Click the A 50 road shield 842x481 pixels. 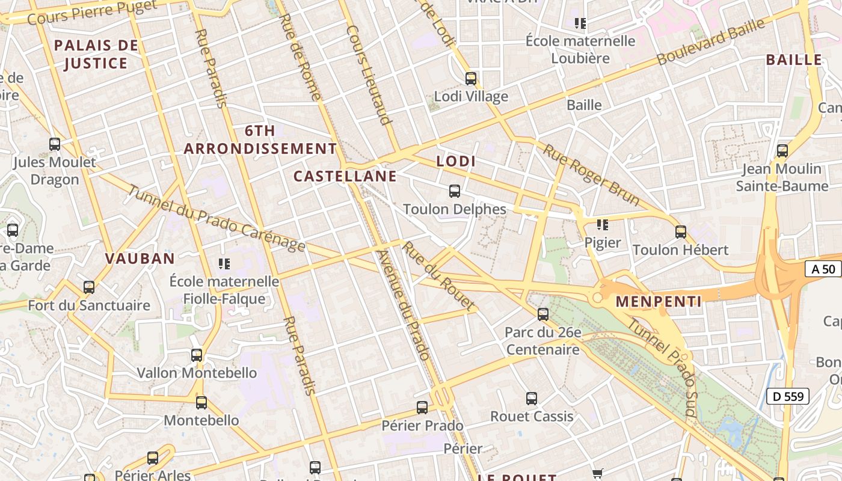coord(823,269)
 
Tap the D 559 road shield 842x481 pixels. coord(787,396)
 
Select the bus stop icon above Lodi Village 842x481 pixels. coord(471,79)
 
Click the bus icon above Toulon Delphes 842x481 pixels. coord(455,191)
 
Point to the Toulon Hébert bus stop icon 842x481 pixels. coord(681,231)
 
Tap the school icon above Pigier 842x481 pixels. coord(602,225)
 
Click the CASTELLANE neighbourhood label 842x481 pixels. coord(345,176)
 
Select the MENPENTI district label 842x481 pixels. coord(659,301)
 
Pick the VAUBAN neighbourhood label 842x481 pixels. coord(140,259)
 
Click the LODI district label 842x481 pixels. coord(456,161)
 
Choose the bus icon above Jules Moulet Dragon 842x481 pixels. coord(55,144)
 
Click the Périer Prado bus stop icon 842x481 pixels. coord(422,408)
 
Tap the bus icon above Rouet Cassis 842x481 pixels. coord(532,398)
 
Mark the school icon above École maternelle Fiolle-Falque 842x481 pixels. coord(224,263)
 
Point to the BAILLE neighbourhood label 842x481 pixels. coord(794,60)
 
